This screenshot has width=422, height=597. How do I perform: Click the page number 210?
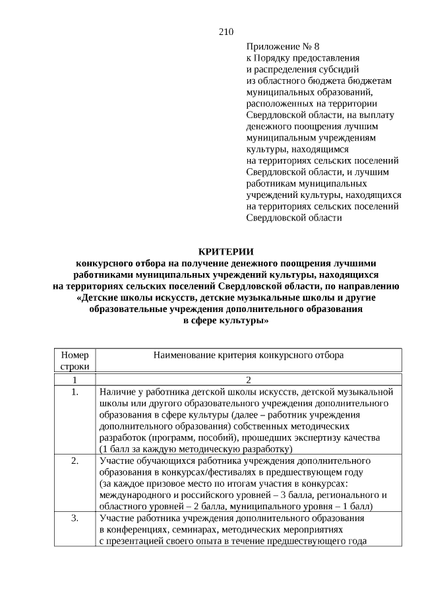[x=226, y=32]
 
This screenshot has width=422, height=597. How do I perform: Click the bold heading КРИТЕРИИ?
[x=226, y=251]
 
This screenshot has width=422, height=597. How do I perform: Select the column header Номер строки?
[x=75, y=360]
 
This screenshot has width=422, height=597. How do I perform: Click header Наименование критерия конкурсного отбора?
[x=249, y=355]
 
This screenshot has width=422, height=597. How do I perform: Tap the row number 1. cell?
[x=75, y=393]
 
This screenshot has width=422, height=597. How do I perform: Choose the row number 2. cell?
[x=75, y=460]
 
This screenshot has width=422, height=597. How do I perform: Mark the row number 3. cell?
[x=75, y=518]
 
